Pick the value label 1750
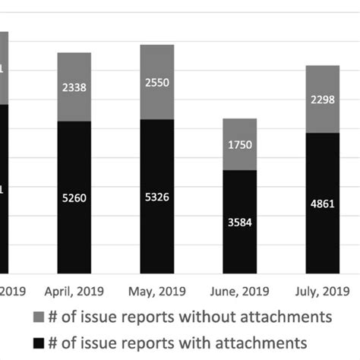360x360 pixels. (239, 145)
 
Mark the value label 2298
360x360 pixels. (322, 99)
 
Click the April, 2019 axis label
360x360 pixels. (74, 291)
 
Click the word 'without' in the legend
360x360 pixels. (219, 314)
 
